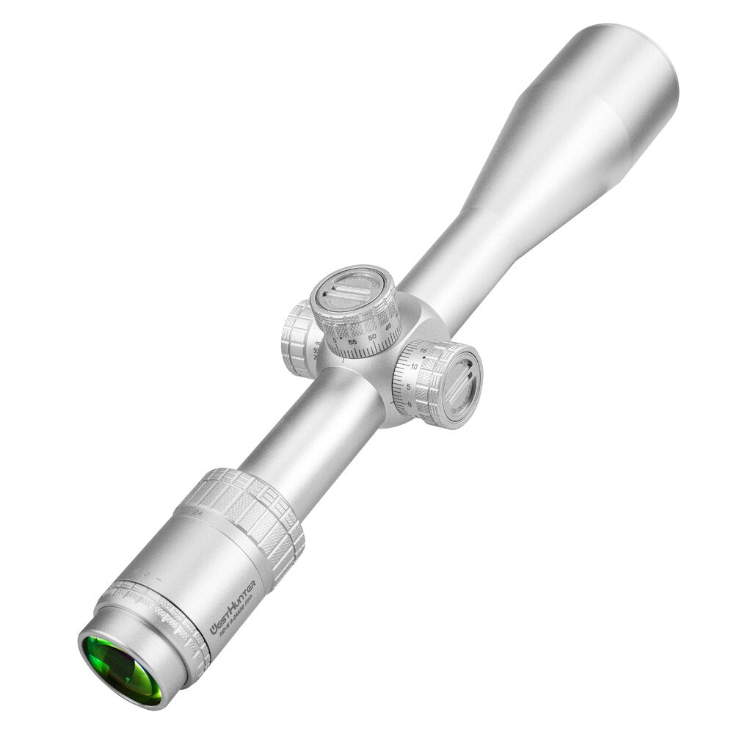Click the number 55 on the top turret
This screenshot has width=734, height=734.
(353, 342)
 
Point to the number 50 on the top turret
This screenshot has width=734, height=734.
(373, 336)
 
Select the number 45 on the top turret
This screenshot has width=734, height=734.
(390, 327)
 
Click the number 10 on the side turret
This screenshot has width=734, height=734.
(415, 366)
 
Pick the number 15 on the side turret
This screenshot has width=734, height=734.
(424, 352)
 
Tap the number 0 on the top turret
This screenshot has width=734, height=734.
(335, 341)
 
